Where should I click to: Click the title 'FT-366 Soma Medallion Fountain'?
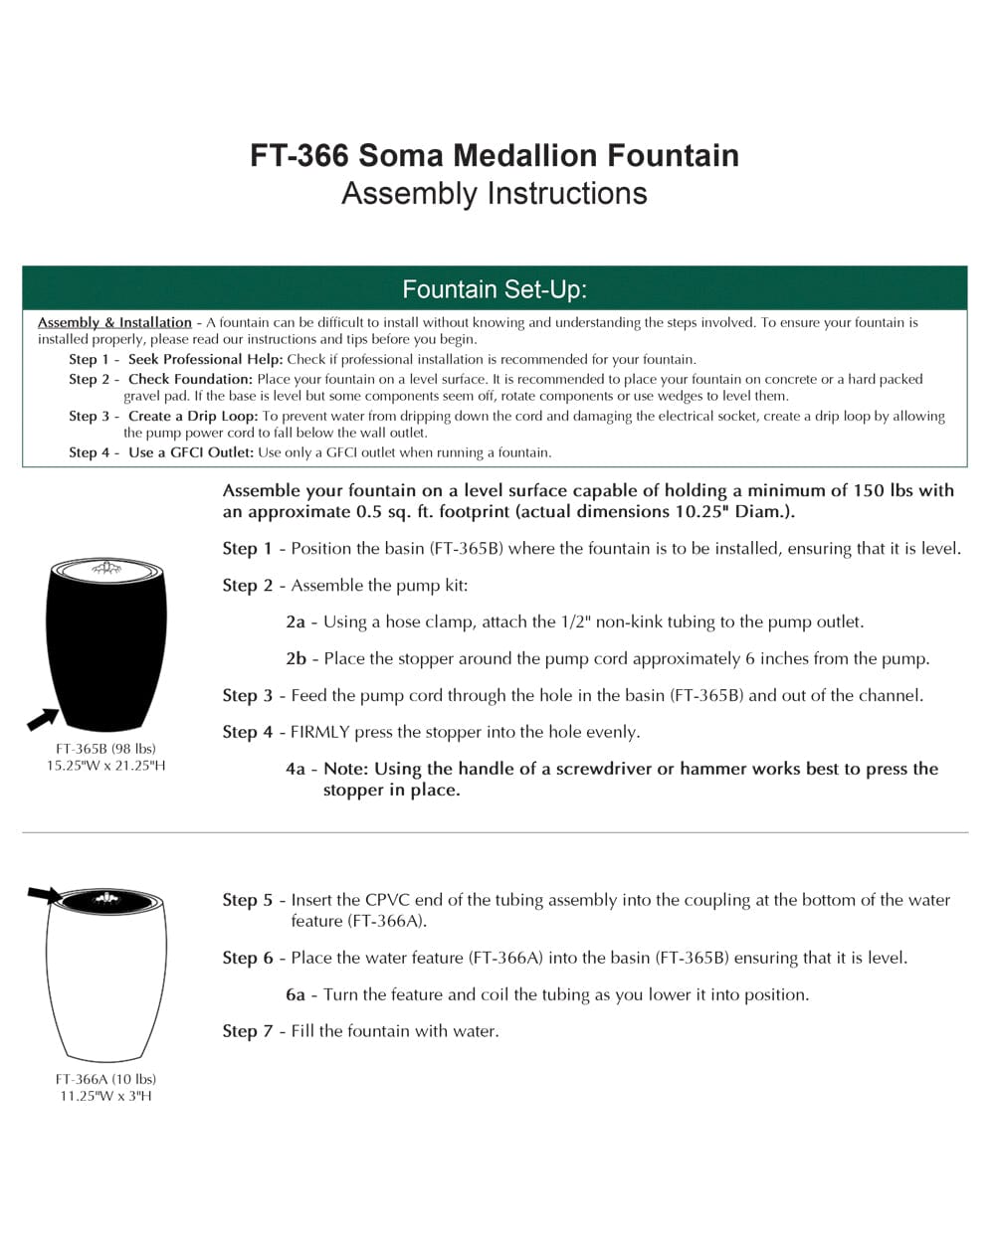pyautogui.click(x=495, y=156)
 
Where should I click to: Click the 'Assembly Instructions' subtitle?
pyautogui.click(x=495, y=193)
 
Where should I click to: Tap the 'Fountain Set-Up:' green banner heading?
pyautogui.click(x=495, y=289)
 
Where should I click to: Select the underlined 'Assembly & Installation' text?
pyautogui.click(x=114, y=322)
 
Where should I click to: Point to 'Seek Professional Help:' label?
pyautogui.click(x=205, y=359)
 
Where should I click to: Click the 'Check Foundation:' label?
pyautogui.click(x=190, y=379)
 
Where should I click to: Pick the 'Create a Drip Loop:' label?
pyautogui.click(x=193, y=416)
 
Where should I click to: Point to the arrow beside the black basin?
pyautogui.click(x=42, y=717)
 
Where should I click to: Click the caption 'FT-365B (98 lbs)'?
pyautogui.click(x=105, y=748)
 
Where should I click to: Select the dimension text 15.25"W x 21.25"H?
pyautogui.click(x=105, y=766)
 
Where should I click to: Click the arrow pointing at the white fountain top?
pyautogui.click(x=45, y=895)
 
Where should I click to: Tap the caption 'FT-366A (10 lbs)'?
pyautogui.click(x=105, y=1078)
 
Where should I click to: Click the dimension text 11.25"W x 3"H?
pyautogui.click(x=105, y=1096)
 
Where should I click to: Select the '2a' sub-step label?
pyautogui.click(x=296, y=621)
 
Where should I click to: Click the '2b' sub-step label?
pyautogui.click(x=296, y=658)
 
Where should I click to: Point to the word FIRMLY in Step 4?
pyautogui.click(x=320, y=732)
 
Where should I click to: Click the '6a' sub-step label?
pyautogui.click(x=296, y=994)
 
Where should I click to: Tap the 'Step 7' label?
pyautogui.click(x=247, y=1031)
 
